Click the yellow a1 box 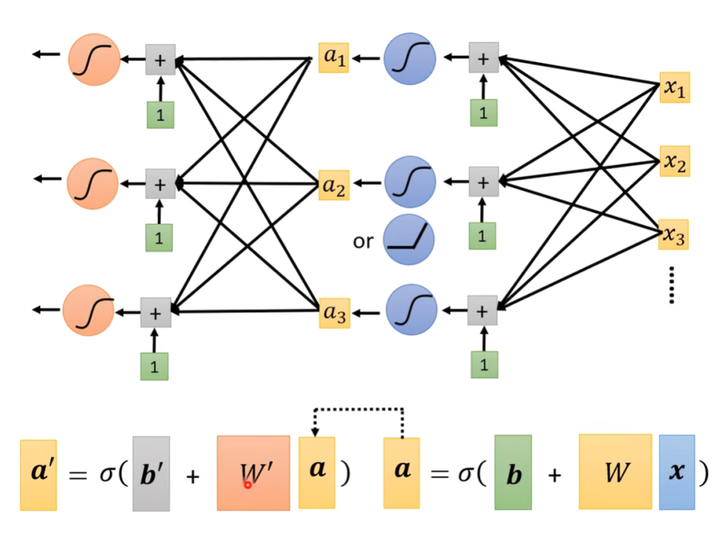click(x=334, y=58)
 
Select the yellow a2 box click(x=334, y=185)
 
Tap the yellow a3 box click(x=334, y=313)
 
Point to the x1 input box click(x=675, y=87)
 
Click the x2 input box click(x=675, y=161)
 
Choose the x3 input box click(x=673, y=235)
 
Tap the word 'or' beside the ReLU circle click(x=363, y=241)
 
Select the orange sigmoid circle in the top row click(x=94, y=59)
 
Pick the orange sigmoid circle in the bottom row click(x=88, y=310)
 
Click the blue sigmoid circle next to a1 click(x=410, y=59)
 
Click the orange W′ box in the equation click(x=254, y=473)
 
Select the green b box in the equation click(x=513, y=472)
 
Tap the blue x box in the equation click(x=677, y=472)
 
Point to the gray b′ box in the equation click(x=151, y=474)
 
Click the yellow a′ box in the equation click(x=38, y=475)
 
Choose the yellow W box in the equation click(x=615, y=472)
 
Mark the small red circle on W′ click(x=247, y=484)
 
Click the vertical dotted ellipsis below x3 click(x=672, y=285)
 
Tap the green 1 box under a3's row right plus click(x=484, y=364)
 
